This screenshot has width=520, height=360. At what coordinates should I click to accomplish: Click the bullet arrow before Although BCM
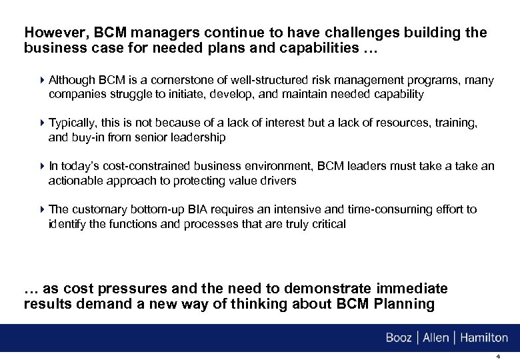43,81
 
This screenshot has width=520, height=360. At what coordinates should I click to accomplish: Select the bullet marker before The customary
43,209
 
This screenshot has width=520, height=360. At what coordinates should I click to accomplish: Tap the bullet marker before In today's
43,167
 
